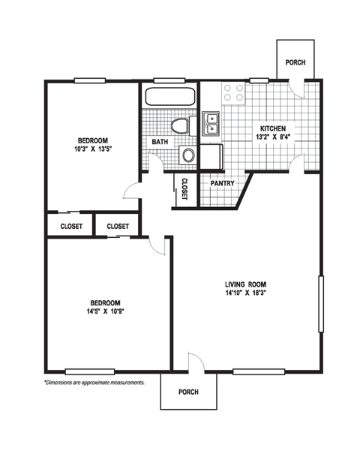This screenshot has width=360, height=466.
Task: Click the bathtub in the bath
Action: coord(169,97)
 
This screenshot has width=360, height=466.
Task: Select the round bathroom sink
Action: coord(188,156)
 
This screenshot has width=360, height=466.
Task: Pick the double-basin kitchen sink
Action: coord(211,123)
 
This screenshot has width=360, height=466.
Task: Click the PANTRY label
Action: coord(222,183)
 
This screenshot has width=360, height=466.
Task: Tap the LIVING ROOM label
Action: coord(246,284)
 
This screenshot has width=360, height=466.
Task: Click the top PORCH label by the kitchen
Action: coord(293,62)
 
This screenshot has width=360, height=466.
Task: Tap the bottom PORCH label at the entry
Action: coord(188,392)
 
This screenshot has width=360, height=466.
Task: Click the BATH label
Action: coord(160,142)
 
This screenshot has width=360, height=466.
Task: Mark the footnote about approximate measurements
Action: coord(94,383)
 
